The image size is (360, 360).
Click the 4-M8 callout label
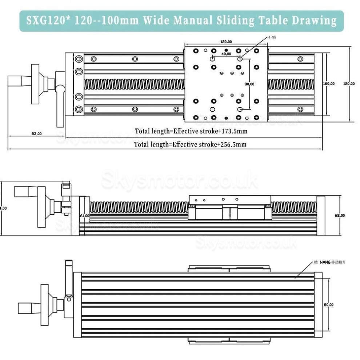pyautogui.click(x=272, y=37)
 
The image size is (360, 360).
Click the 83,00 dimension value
pyautogui.click(x=36, y=133)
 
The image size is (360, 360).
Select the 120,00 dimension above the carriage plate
pyautogui.click(x=226, y=42)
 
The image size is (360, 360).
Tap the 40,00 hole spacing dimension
pyautogui.click(x=226, y=54)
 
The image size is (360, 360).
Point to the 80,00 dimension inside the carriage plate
pyautogui.click(x=249, y=84)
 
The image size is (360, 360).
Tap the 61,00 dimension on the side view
pyautogui.click(x=84, y=216)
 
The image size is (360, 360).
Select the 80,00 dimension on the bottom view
pyautogui.click(x=328, y=305)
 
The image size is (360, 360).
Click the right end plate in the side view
pyautogui.click(x=320, y=215)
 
